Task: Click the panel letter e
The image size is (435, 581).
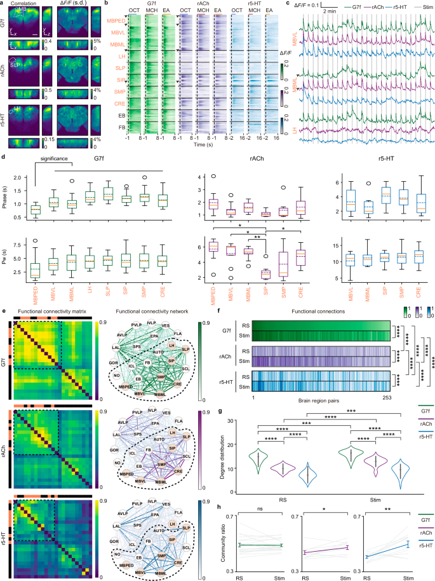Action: [3, 313]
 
